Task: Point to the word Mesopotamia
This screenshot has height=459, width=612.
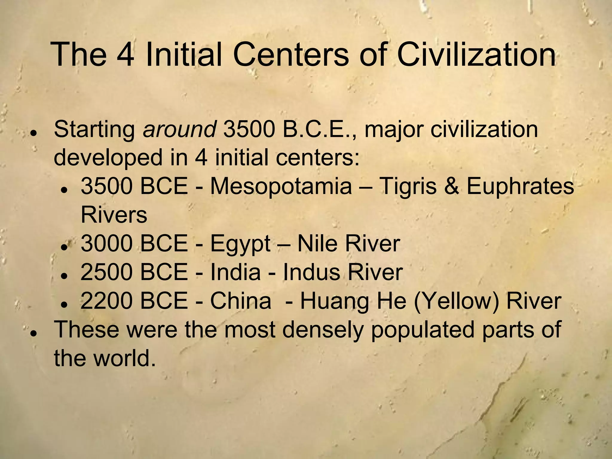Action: (x=281, y=186)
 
